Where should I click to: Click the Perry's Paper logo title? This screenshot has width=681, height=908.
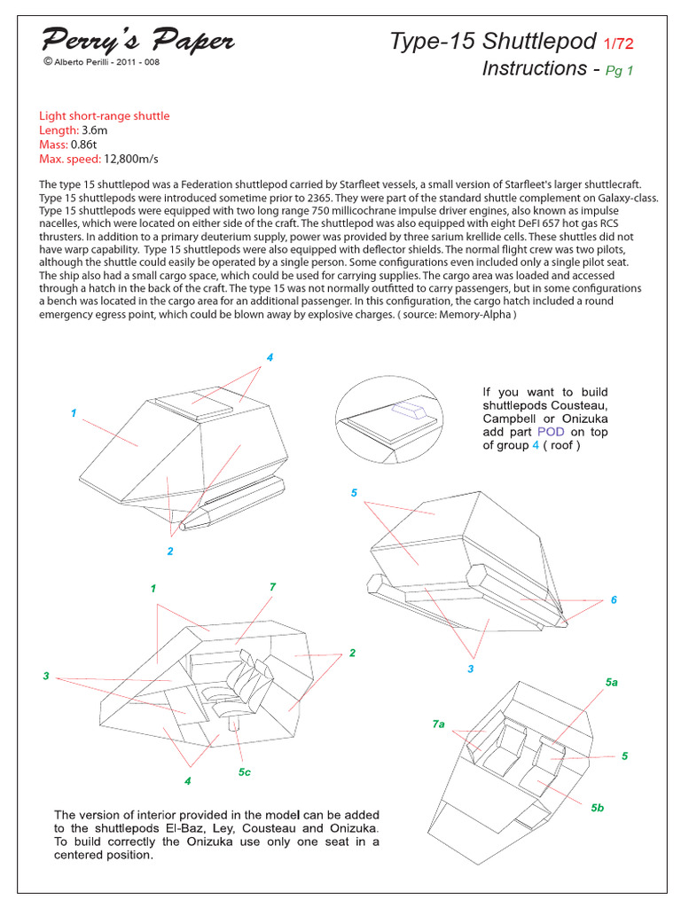[137, 40]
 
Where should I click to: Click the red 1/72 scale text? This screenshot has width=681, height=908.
[618, 42]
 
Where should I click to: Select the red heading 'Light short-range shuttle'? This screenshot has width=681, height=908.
[104, 116]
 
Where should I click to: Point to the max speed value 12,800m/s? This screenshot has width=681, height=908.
[130, 159]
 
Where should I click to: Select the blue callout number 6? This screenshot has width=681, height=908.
[613, 600]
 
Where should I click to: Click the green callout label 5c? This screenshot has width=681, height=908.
[244, 772]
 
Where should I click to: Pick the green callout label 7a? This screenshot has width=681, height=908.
[438, 724]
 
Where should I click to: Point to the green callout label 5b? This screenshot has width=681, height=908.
[597, 807]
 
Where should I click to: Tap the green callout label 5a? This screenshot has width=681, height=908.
[611, 682]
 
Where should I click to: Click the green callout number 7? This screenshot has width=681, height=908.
[272, 587]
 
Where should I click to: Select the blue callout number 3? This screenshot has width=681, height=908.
[471, 669]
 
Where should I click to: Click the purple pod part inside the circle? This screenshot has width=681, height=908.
[410, 409]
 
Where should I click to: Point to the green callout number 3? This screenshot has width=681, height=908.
[45, 677]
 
